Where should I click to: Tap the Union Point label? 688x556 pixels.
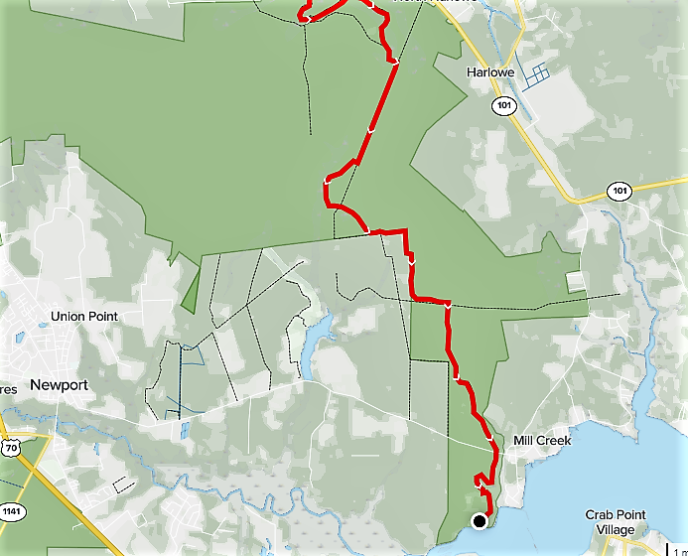tap(83, 317)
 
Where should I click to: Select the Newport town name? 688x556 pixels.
tap(59, 385)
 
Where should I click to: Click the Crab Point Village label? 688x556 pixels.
tap(616, 522)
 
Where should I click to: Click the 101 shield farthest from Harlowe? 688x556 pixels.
tap(620, 191)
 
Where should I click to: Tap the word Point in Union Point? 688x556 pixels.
tap(101, 317)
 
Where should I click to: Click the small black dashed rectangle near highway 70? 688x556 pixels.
tap(123, 485)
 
